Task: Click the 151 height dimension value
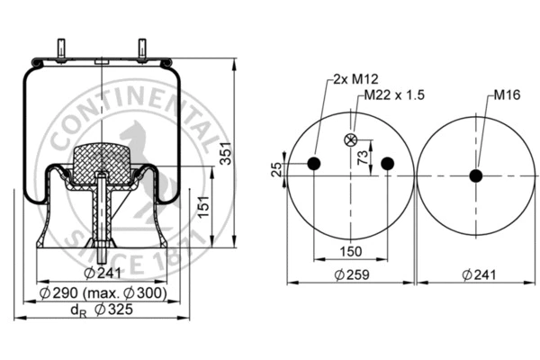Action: coord(204,209)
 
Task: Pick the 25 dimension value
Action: coord(277,168)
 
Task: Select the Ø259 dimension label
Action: coord(350,274)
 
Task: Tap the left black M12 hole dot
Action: coord(314,163)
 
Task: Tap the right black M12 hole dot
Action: coord(387,163)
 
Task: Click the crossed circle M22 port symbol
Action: coord(350,139)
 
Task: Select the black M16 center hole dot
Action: coord(475,176)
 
